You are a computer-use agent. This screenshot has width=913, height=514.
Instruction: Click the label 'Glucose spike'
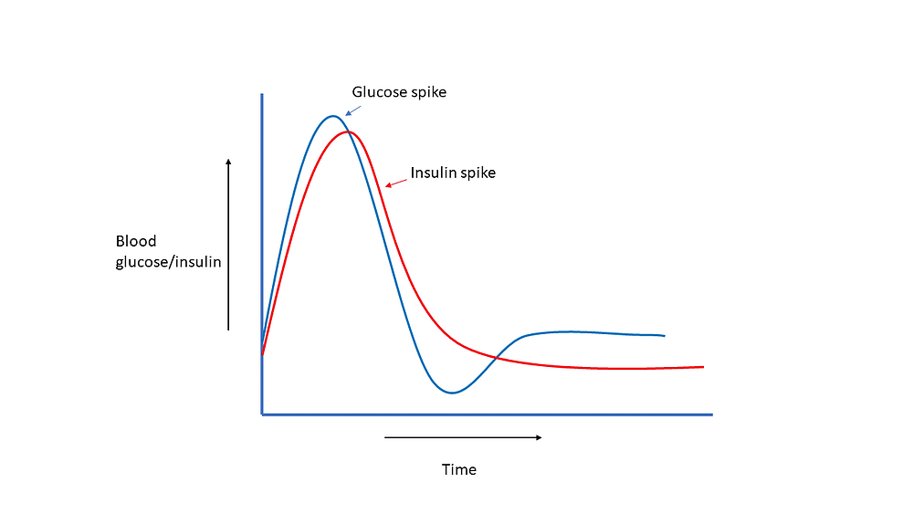coord(399,92)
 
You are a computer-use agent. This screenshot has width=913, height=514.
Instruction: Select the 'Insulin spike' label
coord(453,173)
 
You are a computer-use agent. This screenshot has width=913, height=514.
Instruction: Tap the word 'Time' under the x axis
coord(459,470)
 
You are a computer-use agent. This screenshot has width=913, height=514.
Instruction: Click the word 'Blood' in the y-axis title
coord(136,242)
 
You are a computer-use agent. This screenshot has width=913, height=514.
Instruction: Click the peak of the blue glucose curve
coord(333,116)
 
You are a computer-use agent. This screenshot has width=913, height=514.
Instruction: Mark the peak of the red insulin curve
coord(348,131)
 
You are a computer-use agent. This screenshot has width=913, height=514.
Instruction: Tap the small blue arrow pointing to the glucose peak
coord(353,110)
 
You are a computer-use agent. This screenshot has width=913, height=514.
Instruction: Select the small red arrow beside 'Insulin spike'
coord(396,182)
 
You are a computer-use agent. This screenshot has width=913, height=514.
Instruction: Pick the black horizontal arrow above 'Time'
coord(463,437)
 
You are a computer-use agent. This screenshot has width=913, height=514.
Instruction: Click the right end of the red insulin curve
coord(703,367)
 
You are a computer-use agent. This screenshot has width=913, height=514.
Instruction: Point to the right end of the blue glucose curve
coord(664,335)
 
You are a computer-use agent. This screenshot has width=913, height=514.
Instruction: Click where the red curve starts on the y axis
coord(263,354)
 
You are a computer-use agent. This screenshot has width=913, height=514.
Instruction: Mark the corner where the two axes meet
coord(262,414)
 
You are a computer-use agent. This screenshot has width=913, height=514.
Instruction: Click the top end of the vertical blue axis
coord(262,95)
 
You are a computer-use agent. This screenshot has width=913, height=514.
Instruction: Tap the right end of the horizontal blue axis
coord(710,414)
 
